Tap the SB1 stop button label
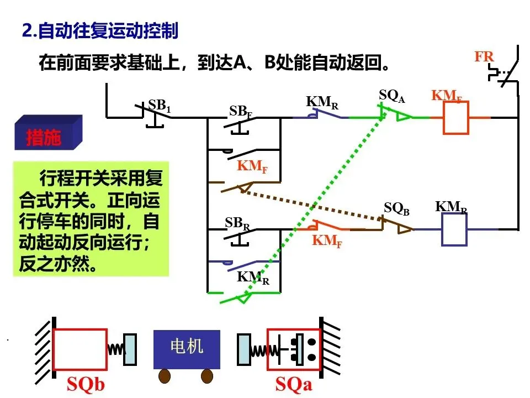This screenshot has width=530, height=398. pyautogui.click(x=160, y=106)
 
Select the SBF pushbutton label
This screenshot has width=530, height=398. pyautogui.click(x=241, y=112)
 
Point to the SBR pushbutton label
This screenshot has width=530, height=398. pyautogui.click(x=237, y=224)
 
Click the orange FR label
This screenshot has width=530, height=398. pyautogui.click(x=484, y=56)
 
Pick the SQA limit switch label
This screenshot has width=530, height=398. pyautogui.click(x=392, y=96)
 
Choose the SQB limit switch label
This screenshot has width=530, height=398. pyautogui.click(x=397, y=208)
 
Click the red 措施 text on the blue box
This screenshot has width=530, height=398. pyautogui.click(x=44, y=137)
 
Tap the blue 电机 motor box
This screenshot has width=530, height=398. pyautogui.click(x=187, y=349)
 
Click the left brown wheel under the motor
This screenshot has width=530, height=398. pyautogui.click(x=165, y=376)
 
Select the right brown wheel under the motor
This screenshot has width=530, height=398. pyautogui.click(x=207, y=376)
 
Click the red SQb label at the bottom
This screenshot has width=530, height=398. pyautogui.click(x=86, y=384)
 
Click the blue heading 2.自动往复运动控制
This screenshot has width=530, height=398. pyautogui.click(x=100, y=31)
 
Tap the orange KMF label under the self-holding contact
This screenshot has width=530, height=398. pyautogui.click(x=252, y=166)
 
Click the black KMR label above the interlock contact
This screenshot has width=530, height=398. pyautogui.click(x=322, y=102)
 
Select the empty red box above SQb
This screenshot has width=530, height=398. pyautogui.click(x=79, y=349)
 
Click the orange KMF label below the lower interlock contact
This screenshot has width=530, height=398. pyautogui.click(x=327, y=241)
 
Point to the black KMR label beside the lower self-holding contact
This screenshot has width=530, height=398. pyautogui.click(x=253, y=278)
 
